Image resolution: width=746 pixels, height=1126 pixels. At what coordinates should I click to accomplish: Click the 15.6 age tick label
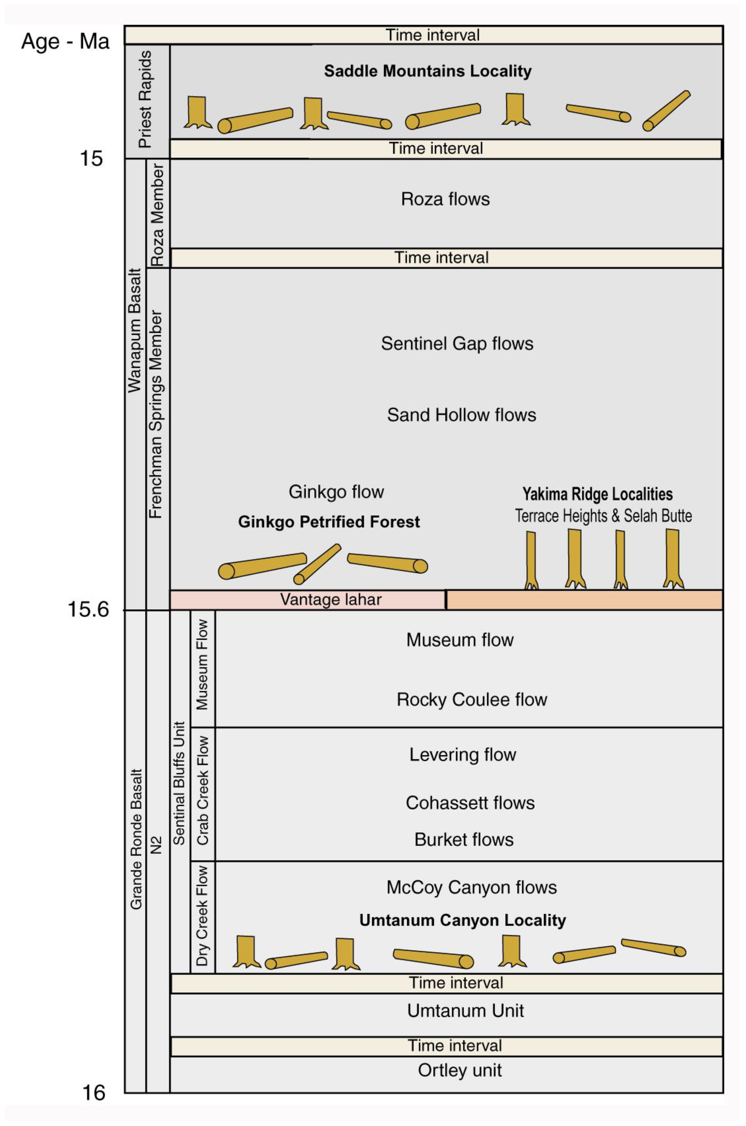tap(88, 610)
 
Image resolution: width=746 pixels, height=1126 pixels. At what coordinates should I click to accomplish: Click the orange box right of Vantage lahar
tap(584, 599)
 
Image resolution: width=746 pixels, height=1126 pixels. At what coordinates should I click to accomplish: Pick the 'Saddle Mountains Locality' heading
tap(428, 71)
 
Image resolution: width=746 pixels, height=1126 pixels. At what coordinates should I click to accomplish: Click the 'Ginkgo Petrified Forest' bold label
tap(329, 522)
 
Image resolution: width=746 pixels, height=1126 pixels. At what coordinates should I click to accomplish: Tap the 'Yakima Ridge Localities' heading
tap(598, 494)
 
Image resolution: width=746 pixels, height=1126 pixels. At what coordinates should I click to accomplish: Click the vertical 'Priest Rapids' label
tap(145, 99)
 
